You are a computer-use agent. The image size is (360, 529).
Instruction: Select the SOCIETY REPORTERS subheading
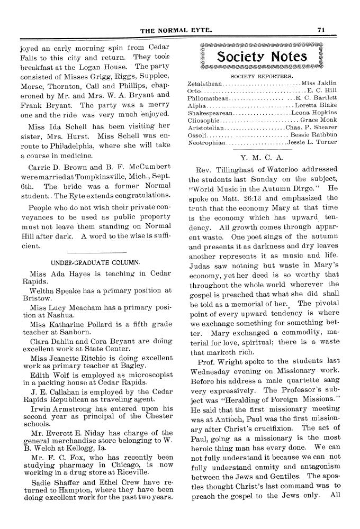pyautogui.click(x=263, y=76)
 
